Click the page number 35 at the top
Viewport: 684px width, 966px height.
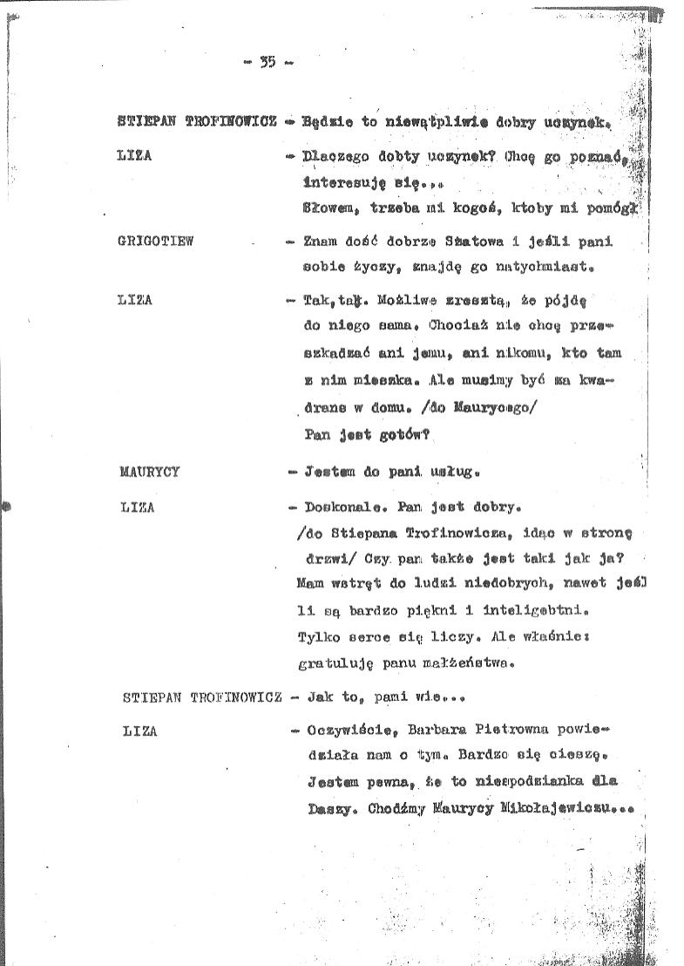(x=268, y=61)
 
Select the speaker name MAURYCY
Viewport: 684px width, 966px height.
(x=149, y=472)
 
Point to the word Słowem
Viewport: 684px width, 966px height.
(x=328, y=208)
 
